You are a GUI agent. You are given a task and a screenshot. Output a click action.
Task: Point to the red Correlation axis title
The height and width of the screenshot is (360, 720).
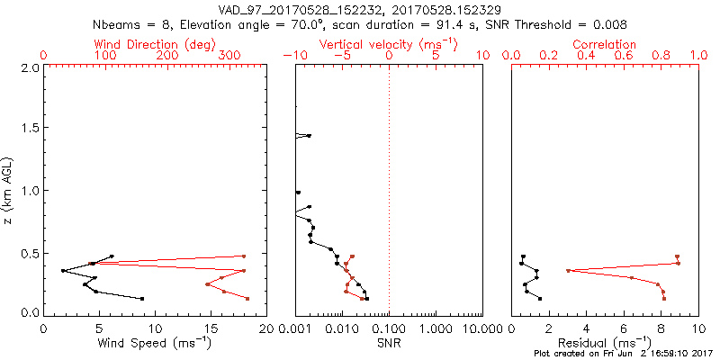point(605,44)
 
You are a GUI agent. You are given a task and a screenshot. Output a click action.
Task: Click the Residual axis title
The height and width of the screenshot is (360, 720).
point(605,342)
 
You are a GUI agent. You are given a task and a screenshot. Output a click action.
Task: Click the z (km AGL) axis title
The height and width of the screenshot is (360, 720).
point(9,190)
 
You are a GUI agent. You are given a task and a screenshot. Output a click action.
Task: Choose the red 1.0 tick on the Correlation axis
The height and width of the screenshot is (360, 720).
point(697,56)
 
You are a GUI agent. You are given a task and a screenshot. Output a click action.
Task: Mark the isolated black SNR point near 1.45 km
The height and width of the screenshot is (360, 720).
point(309,136)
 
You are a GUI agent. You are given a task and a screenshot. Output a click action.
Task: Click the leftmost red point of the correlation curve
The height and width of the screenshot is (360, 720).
point(568,271)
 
